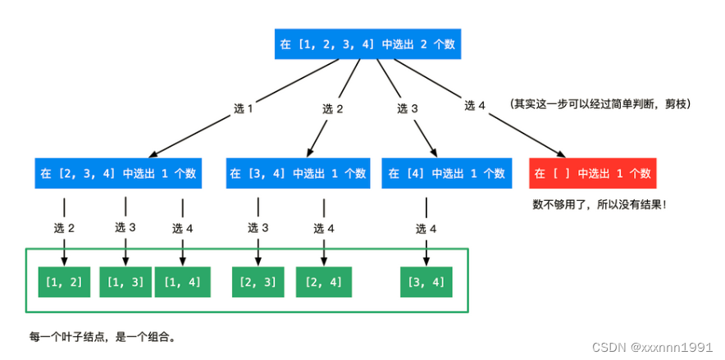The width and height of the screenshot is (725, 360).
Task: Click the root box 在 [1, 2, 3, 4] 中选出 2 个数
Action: tap(367, 44)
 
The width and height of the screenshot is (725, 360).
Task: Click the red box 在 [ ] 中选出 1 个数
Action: tap(593, 173)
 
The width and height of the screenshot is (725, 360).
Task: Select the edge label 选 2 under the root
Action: tap(332, 109)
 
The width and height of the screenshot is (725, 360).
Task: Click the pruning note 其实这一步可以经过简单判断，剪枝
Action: tap(600, 104)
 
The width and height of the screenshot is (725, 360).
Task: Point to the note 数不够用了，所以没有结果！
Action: tap(600, 203)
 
